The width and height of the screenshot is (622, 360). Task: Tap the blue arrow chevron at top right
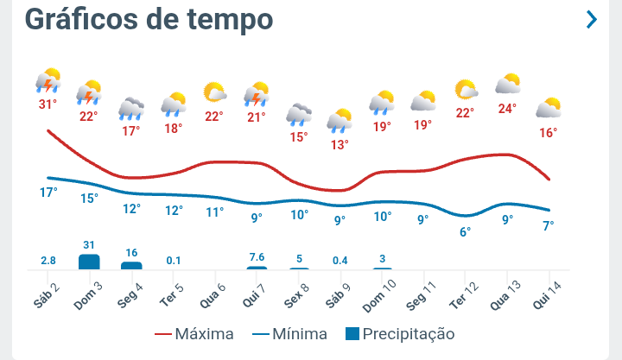point(591,19)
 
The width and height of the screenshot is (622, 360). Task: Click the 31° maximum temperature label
point(48,104)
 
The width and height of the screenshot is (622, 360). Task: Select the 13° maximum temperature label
point(340,144)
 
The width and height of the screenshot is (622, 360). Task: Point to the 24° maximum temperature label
point(507,109)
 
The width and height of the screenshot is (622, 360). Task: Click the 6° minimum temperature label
point(465,231)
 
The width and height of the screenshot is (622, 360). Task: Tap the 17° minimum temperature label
point(48,192)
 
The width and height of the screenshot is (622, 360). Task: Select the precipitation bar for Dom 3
point(89,262)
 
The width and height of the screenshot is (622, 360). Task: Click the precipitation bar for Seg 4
point(131,265)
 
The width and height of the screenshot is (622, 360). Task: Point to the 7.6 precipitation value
point(257,256)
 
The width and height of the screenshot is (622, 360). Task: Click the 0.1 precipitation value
point(174,260)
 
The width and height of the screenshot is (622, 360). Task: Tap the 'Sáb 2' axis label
point(48,291)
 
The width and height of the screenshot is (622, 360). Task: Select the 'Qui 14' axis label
point(549,293)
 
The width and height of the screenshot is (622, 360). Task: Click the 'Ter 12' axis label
point(466,293)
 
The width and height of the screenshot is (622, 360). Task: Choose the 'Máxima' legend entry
point(194,333)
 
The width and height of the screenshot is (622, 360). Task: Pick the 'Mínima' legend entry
point(289,333)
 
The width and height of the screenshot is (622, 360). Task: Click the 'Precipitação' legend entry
point(398,333)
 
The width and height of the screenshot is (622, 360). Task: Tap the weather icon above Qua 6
point(214,92)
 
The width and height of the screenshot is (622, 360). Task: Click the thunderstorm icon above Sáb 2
point(48,80)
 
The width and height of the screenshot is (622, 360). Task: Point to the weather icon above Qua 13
point(507,85)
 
